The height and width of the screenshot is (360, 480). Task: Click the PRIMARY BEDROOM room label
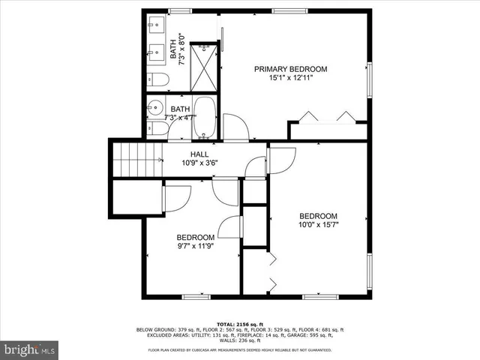pos(290,69)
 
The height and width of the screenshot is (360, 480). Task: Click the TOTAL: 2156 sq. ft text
pos(239,323)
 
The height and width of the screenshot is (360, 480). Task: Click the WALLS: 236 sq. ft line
pos(239,341)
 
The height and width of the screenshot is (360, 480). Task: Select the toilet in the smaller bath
pos(158,128)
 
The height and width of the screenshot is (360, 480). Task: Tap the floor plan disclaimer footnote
pos(239,349)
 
